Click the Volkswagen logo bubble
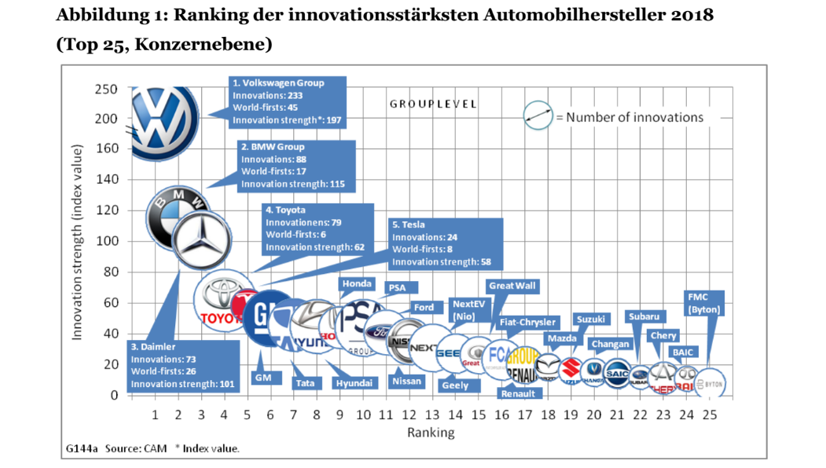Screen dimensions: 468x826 pos(162,122)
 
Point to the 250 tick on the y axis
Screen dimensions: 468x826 pos(106,89)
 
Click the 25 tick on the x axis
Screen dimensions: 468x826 pos(710,414)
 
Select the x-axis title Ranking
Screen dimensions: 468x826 pos(430,432)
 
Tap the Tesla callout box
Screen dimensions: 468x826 pos(444,243)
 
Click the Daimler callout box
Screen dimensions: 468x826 pos(182,365)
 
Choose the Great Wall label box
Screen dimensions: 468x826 pos(512,286)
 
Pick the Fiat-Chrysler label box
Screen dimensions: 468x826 pos(527,322)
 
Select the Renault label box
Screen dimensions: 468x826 pos(517,393)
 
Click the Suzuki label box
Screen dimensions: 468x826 pos(591,320)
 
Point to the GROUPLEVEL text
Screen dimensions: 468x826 pos(433,104)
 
